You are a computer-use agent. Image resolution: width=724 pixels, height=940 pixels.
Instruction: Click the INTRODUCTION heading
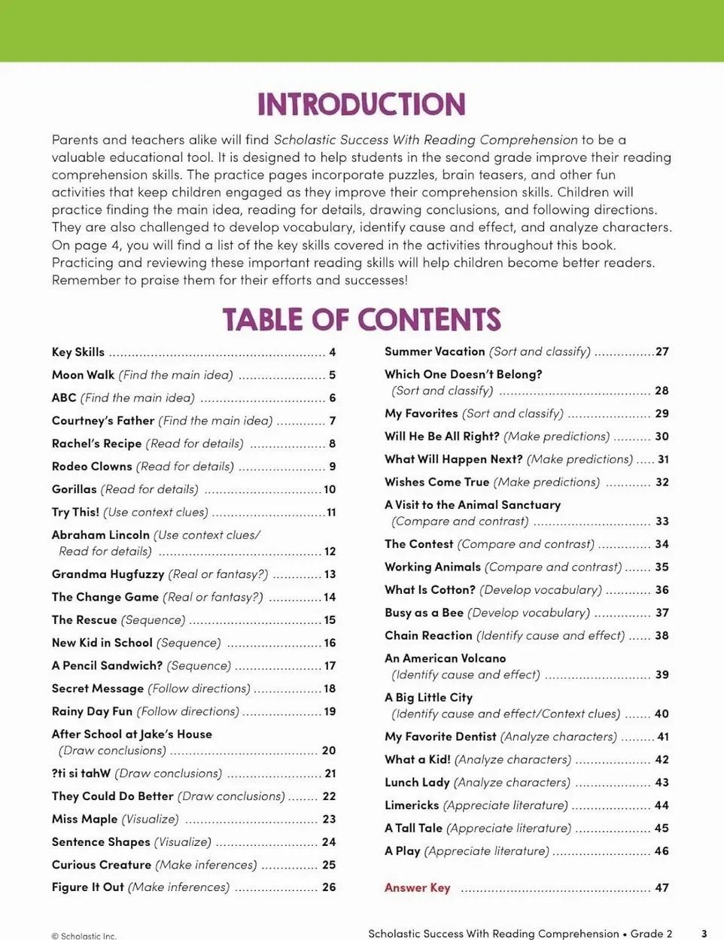[x=361, y=105]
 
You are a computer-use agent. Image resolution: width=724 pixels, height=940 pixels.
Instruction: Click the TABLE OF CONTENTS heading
[x=361, y=320]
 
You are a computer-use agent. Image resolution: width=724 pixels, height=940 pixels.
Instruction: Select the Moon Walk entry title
[x=83, y=375]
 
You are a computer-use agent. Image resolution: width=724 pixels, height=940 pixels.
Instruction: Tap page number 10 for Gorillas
[x=330, y=489]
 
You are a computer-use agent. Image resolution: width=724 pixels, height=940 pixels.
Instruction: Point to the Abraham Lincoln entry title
[x=101, y=535]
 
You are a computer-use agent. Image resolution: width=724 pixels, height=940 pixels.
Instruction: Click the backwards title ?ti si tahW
[x=81, y=774]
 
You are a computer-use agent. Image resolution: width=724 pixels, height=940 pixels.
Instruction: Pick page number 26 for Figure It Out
[x=329, y=887]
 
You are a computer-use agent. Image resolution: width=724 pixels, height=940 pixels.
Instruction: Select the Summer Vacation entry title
[x=434, y=351]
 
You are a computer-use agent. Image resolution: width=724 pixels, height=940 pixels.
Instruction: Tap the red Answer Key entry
[x=417, y=888]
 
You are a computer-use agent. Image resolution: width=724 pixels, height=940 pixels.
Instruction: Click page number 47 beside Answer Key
[x=662, y=888]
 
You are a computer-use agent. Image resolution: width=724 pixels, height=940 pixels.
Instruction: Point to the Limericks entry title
[x=412, y=805]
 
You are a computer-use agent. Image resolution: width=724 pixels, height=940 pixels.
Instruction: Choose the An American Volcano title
[x=445, y=659]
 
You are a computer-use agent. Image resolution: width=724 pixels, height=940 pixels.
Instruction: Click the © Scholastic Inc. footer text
[x=84, y=936]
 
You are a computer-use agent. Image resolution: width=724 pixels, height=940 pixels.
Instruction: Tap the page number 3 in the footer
[x=704, y=933]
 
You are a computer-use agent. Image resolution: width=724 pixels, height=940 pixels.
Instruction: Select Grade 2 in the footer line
[x=651, y=933]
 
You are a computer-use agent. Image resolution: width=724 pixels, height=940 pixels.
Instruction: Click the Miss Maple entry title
[x=84, y=819]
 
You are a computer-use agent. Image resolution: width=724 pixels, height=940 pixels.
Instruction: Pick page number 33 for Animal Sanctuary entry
[x=662, y=521]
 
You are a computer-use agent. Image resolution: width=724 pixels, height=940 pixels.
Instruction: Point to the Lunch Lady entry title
[x=417, y=783]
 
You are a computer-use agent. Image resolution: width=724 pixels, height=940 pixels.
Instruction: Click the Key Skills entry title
[x=78, y=352]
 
